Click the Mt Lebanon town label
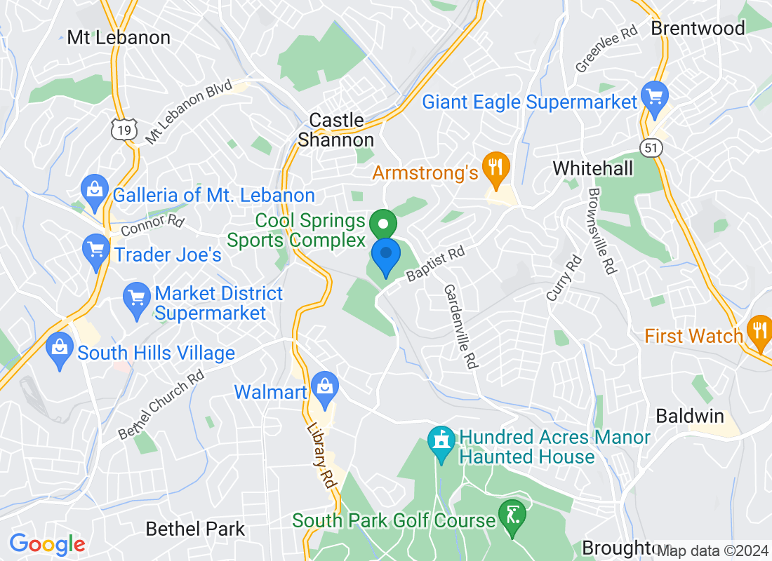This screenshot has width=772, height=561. [x=119, y=38]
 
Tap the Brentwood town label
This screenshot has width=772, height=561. [x=698, y=28]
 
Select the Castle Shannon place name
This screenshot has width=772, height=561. [x=336, y=130]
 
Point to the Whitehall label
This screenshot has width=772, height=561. [x=592, y=168]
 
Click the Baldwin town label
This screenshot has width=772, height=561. [x=689, y=416]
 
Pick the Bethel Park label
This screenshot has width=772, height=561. [x=195, y=529]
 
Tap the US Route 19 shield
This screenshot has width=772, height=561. [x=121, y=128]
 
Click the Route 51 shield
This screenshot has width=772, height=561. [x=652, y=145]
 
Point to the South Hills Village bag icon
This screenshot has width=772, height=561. [x=60, y=348]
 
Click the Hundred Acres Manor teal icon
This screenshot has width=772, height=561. [x=441, y=442]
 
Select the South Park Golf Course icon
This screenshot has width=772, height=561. [x=513, y=515]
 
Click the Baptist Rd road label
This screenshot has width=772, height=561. [x=436, y=264]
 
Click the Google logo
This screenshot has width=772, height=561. [x=48, y=543]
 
